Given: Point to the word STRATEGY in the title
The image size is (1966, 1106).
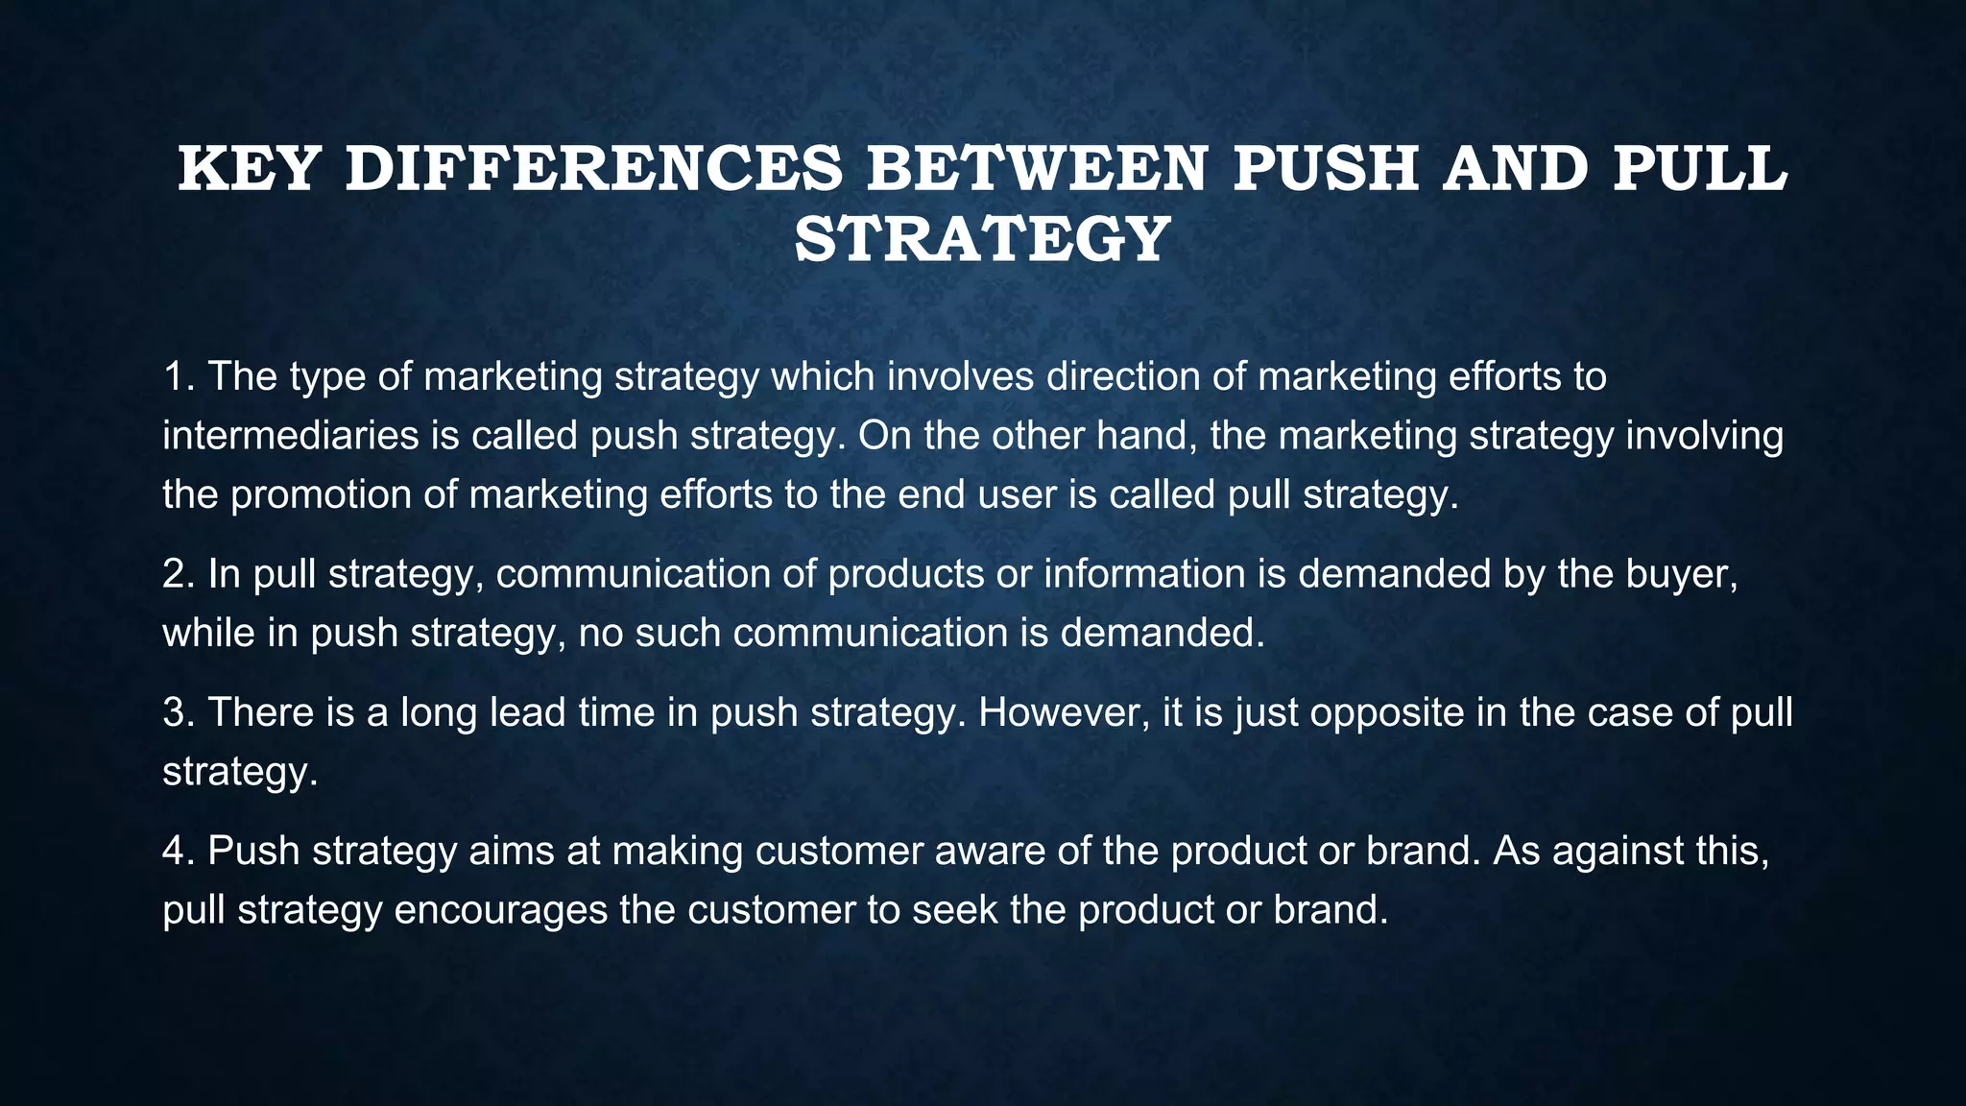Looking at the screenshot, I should (x=982, y=239).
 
